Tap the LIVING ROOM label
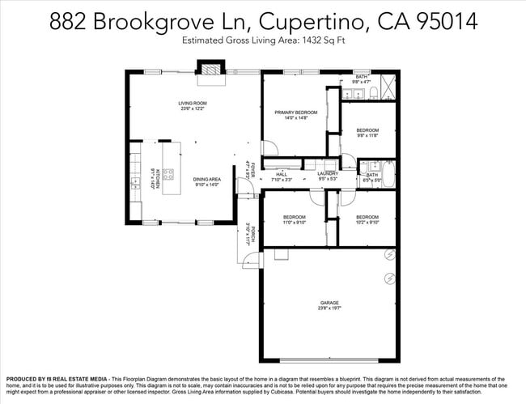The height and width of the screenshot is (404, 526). [193, 104]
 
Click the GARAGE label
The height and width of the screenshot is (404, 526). [329, 303]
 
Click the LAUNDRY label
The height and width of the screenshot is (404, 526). [328, 173]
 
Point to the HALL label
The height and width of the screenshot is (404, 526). [282, 174]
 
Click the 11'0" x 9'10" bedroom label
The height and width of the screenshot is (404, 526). [294, 219]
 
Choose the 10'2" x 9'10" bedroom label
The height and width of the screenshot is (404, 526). [367, 219]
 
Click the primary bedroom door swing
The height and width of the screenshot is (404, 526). [269, 149]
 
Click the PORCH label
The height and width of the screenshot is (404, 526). [252, 234]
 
